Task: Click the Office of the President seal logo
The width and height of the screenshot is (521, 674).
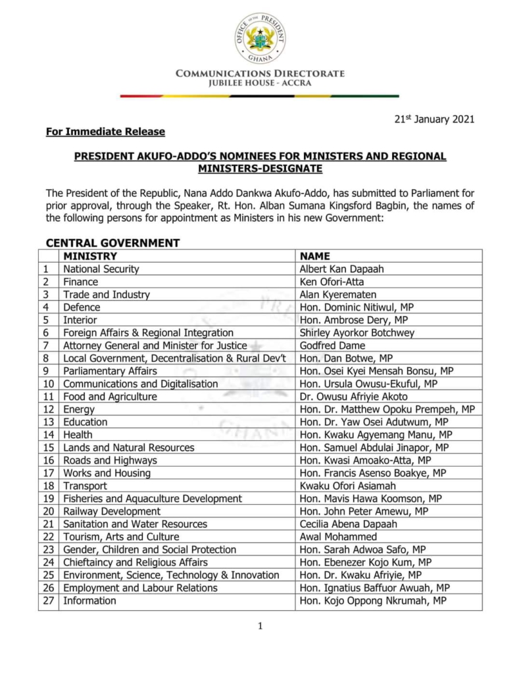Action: tap(260, 38)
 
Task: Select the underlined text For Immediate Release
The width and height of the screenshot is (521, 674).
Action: tap(105, 132)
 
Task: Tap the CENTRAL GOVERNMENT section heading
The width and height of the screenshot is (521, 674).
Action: tap(112, 243)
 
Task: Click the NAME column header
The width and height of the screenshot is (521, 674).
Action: tap(314, 256)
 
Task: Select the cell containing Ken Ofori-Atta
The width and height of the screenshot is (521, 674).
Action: tap(330, 282)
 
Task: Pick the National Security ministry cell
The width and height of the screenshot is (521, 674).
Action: tap(101, 269)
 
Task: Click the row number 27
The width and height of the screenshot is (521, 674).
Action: tap(48, 600)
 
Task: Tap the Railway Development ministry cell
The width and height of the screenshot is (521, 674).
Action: tap(112, 511)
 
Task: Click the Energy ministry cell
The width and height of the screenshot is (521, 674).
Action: tap(78, 409)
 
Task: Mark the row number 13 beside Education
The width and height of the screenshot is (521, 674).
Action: tap(48, 422)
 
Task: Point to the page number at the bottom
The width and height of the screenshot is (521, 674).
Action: tap(260, 627)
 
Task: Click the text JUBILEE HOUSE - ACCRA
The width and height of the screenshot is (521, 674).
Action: tap(260, 83)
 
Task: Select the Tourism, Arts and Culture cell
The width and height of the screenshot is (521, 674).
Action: tap(121, 536)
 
